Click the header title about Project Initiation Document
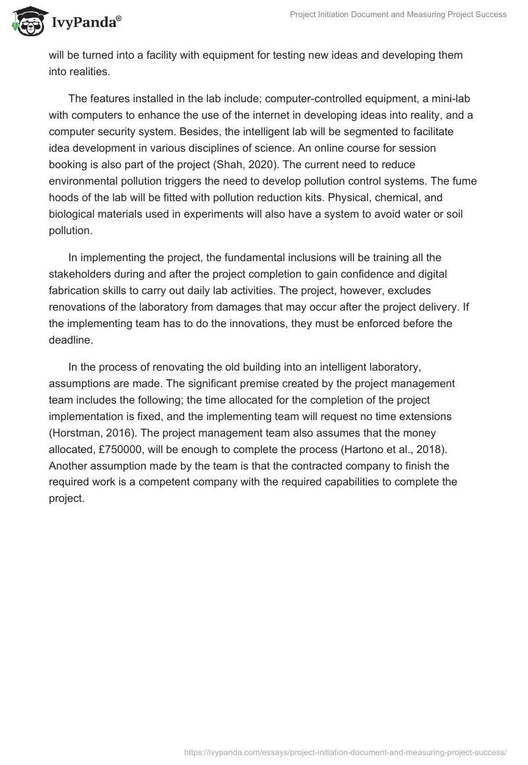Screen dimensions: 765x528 coord(398,15)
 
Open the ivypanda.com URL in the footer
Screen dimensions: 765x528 coord(345,751)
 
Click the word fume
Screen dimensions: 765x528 coord(463,181)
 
